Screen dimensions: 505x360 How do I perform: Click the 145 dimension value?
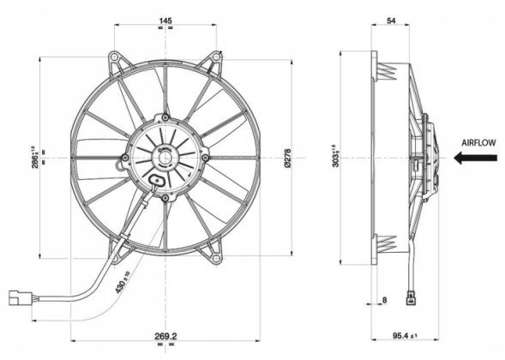165,21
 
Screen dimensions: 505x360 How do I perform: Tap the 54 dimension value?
391,21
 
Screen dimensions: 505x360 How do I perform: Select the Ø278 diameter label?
287,158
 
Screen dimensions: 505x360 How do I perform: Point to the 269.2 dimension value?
165,337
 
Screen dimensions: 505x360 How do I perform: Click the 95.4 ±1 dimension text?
405,336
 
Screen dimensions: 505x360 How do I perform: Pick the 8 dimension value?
384,300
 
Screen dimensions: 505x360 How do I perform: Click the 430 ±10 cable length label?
123,282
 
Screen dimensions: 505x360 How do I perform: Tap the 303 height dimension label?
335,156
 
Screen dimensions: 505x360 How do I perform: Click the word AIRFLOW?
478,143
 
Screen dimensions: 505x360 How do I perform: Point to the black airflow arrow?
475,158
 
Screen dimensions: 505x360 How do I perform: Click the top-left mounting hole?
114,57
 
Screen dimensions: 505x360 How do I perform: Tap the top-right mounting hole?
216,57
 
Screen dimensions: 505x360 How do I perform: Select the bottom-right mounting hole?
215,258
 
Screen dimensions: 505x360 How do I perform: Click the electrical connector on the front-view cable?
21,297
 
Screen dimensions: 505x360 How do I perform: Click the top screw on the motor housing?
165,117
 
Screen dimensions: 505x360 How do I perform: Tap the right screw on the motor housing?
205,157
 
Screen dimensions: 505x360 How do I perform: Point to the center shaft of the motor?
165,158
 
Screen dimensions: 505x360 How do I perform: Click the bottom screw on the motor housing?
165,198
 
